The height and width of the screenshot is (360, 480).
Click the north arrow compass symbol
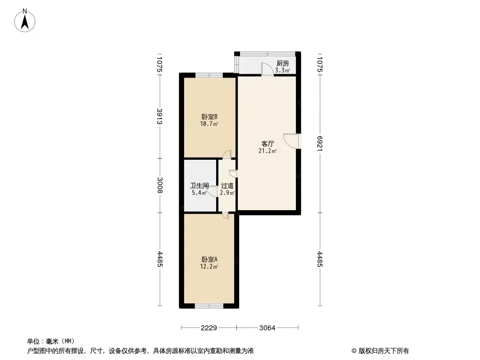pyautogui.click(x=25, y=21)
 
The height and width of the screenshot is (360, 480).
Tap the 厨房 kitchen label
pyautogui.click(x=282, y=63)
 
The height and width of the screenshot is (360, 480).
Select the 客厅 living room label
pyautogui.click(x=267, y=144)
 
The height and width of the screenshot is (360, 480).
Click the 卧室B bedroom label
pyautogui.click(x=209, y=117)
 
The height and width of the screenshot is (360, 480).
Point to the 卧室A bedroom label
pyautogui.click(x=209, y=259)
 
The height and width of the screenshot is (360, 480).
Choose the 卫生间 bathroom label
pyautogui.click(x=199, y=186)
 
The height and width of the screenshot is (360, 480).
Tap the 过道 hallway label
pyautogui.click(x=227, y=186)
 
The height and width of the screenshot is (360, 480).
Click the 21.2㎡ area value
pyautogui.click(x=267, y=151)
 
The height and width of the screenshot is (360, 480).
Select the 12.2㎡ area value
pyautogui.click(x=209, y=266)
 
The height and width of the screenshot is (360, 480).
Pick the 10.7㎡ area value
pyautogui.click(x=209, y=124)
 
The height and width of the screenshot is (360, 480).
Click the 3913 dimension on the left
pyautogui.click(x=159, y=116)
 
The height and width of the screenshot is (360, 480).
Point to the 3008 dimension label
pyautogui.click(x=159, y=185)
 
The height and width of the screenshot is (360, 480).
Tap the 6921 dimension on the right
pyautogui.click(x=320, y=144)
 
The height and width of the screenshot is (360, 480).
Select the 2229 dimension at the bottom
pyautogui.click(x=209, y=328)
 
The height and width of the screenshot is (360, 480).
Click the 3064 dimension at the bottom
pyautogui.click(x=267, y=328)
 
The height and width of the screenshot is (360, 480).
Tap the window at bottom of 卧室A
pyautogui.click(x=209, y=306)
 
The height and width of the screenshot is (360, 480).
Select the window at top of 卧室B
pyautogui.click(x=209, y=75)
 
